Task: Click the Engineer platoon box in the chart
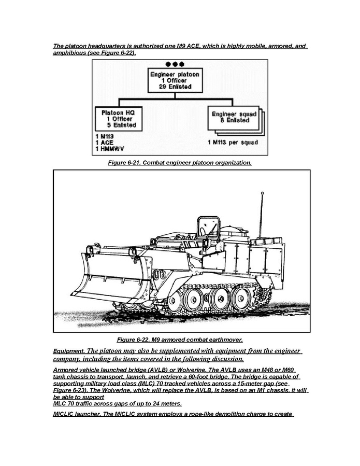(175, 80)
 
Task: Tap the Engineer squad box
(232, 117)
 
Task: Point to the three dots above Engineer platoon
(175, 64)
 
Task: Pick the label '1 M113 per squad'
(233, 142)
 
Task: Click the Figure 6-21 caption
(180, 163)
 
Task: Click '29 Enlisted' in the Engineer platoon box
(175, 87)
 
